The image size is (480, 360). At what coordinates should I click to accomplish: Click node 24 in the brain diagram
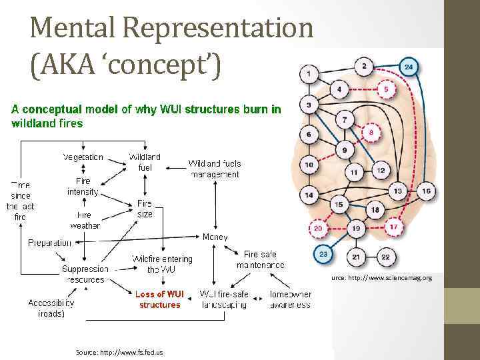tap(409, 67)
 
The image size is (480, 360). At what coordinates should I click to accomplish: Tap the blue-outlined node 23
tap(323, 254)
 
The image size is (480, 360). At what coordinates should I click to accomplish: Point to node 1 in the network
tap(309, 71)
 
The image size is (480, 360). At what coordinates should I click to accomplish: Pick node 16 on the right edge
tap(427, 192)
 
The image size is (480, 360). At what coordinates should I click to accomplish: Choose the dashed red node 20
tap(318, 228)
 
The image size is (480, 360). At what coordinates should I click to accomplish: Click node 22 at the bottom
tap(385, 257)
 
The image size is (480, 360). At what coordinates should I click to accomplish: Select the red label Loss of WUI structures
tap(159, 299)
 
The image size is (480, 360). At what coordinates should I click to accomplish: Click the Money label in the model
tap(215, 237)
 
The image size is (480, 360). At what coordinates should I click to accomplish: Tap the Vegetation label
tap(83, 157)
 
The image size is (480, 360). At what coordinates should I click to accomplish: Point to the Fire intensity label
tap(83, 186)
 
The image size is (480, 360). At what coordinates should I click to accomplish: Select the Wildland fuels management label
tap(215, 169)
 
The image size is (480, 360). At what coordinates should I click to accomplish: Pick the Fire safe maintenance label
tap(261, 259)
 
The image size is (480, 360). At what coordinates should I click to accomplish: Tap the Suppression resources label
tap(85, 275)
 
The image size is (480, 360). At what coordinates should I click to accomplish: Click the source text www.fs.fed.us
tap(119, 352)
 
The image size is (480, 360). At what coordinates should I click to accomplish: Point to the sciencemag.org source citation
tap(379, 277)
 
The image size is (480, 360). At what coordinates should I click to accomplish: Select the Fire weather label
tap(83, 221)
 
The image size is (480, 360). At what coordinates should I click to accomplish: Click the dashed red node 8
tap(372, 134)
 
